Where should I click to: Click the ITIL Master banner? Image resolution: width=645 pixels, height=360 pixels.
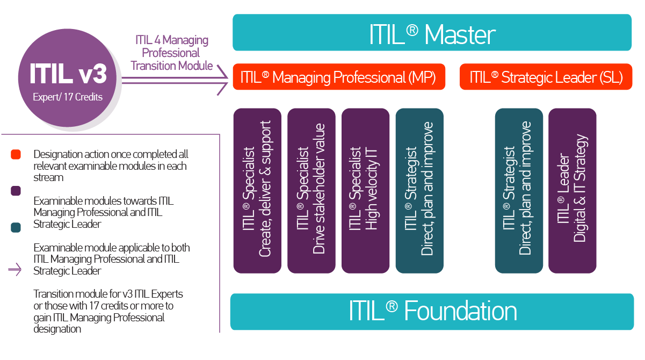tap(432, 33)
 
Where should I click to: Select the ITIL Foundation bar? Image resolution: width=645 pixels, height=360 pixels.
tap(432, 312)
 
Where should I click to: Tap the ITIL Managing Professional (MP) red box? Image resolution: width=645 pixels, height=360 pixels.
tap(339, 77)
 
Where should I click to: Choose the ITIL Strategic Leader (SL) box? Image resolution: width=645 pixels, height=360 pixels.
tap(546, 77)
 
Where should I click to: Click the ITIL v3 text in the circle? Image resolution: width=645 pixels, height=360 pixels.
tap(68, 74)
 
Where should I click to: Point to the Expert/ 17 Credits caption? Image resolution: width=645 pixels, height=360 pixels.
tap(67, 97)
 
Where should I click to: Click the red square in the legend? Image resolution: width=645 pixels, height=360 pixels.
tap(16, 155)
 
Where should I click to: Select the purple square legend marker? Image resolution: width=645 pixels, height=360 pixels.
tap(16, 191)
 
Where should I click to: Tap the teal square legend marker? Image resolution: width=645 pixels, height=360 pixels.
tap(16, 228)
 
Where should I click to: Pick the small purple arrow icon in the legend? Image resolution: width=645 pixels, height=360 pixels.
tap(15, 270)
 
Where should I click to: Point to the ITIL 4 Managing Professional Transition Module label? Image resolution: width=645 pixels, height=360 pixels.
tap(172, 53)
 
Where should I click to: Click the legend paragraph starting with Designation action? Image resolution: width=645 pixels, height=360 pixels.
tap(110, 165)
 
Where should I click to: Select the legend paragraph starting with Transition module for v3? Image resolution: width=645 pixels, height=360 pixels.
tap(108, 311)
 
